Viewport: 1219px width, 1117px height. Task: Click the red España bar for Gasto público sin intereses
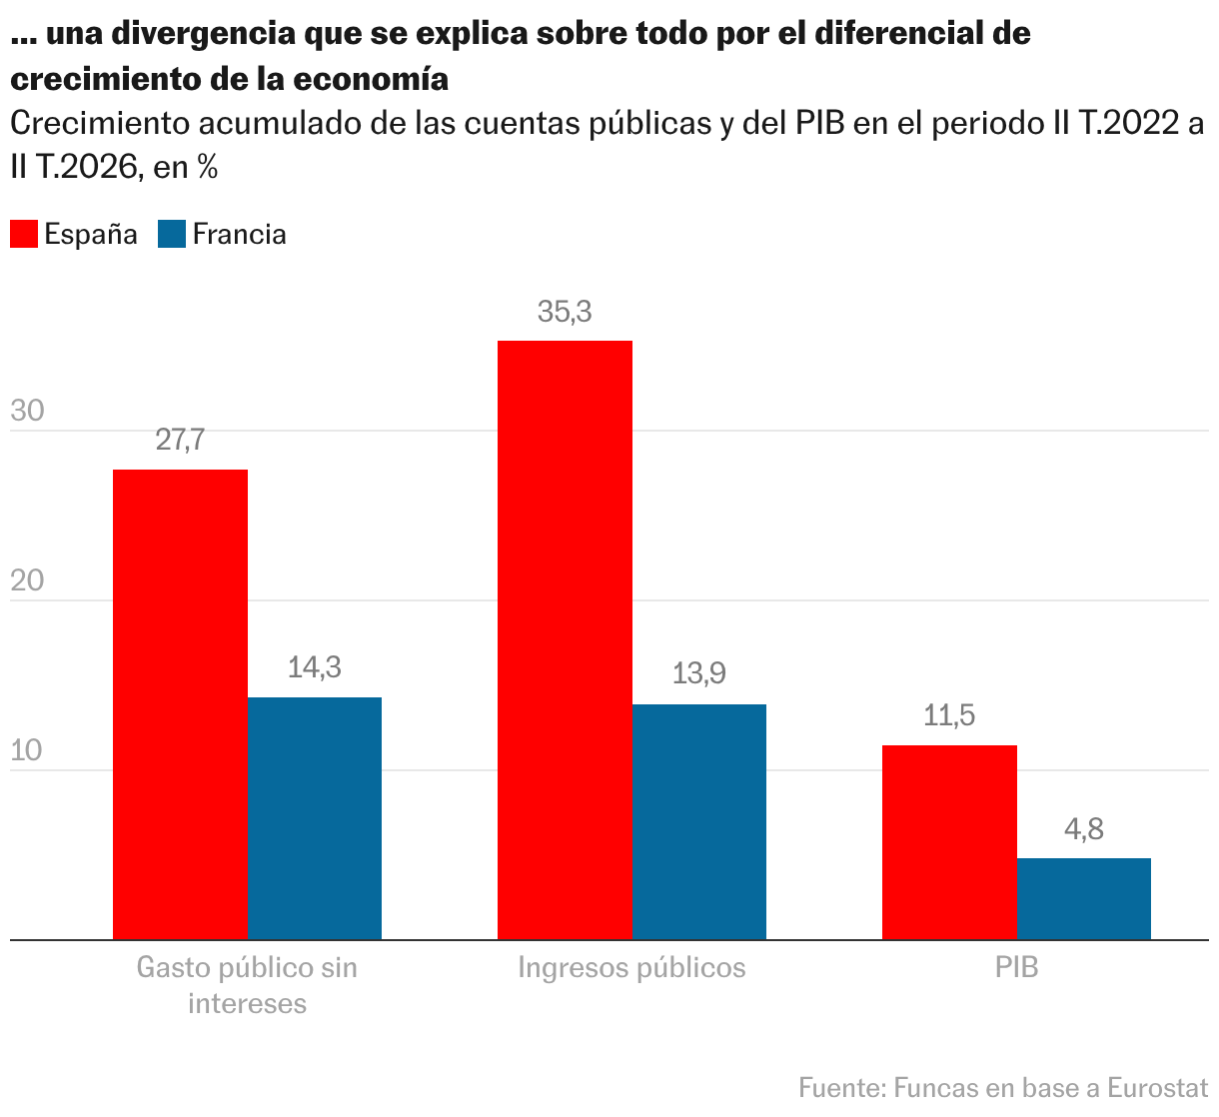pyautogui.click(x=181, y=704)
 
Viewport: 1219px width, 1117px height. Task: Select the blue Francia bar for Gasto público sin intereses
pyautogui.click(x=315, y=818)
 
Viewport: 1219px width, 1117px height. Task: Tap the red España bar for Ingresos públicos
pyautogui.click(x=565, y=640)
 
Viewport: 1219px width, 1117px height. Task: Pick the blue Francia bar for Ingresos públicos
pyautogui.click(x=699, y=821)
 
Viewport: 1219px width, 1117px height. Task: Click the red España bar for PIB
pyautogui.click(x=949, y=842)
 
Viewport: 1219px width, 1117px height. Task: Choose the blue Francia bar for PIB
pyautogui.click(x=1084, y=899)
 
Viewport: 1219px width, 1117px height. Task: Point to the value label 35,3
pyautogui.click(x=565, y=312)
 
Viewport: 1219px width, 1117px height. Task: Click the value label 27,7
pyautogui.click(x=181, y=440)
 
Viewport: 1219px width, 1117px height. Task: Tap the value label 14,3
pyautogui.click(x=315, y=667)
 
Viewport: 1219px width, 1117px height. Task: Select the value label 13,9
pyautogui.click(x=699, y=674)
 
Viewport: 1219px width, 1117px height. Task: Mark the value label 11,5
pyautogui.click(x=949, y=715)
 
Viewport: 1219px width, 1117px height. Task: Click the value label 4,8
pyautogui.click(x=1084, y=829)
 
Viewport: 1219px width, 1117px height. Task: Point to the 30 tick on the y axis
pyautogui.click(x=27, y=411)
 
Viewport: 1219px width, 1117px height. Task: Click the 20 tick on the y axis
pyautogui.click(x=27, y=580)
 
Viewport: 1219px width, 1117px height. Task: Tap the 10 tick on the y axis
pyautogui.click(x=26, y=750)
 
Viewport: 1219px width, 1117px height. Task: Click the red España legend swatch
pyautogui.click(x=24, y=234)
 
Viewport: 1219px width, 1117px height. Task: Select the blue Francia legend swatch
pyautogui.click(x=172, y=234)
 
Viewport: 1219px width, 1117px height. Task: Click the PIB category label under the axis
pyautogui.click(x=1016, y=967)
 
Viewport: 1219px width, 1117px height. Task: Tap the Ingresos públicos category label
pyautogui.click(x=632, y=969)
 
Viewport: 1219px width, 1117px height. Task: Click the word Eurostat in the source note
pyautogui.click(x=1158, y=1088)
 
